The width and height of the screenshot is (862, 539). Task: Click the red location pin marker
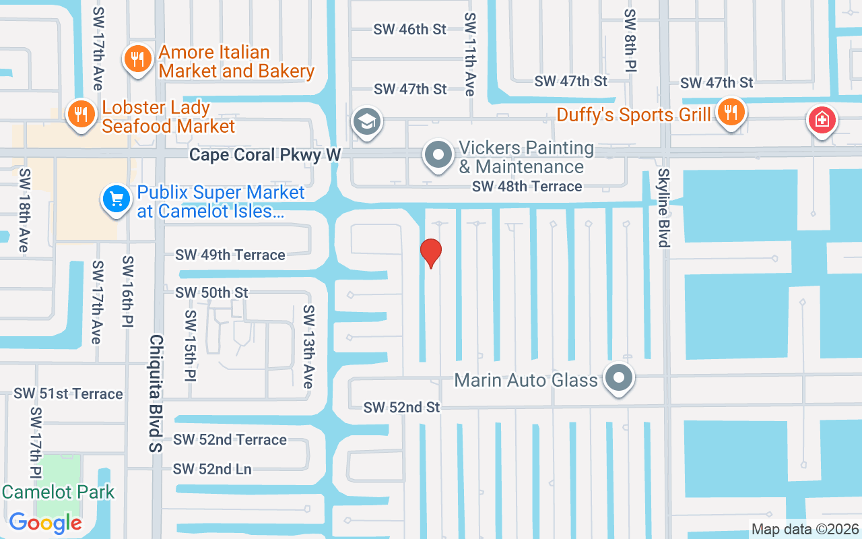(430, 253)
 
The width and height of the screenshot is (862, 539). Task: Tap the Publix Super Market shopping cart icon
(117, 199)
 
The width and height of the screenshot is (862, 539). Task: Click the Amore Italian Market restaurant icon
(137, 59)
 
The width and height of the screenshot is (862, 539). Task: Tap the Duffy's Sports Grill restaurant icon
(729, 112)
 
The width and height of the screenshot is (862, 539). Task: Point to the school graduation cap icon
(367, 123)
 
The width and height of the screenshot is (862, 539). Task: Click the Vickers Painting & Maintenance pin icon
(438, 155)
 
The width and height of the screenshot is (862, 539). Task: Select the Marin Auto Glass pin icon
(618, 379)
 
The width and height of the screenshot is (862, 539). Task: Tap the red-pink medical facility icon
(822, 121)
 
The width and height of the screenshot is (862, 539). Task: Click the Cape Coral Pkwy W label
(265, 155)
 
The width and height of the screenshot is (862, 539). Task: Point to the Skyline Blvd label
(664, 208)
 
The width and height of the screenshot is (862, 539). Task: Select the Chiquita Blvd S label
(156, 393)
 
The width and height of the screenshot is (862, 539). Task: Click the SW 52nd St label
(401, 408)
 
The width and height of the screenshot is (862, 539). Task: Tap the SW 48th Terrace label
(527, 187)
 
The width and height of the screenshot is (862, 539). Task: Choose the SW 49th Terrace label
(230, 255)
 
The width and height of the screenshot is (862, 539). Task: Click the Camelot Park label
(58, 492)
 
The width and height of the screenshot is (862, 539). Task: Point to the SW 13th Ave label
(308, 346)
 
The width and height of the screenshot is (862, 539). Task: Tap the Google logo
(46, 522)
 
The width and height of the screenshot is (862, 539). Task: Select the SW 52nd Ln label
(212, 469)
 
